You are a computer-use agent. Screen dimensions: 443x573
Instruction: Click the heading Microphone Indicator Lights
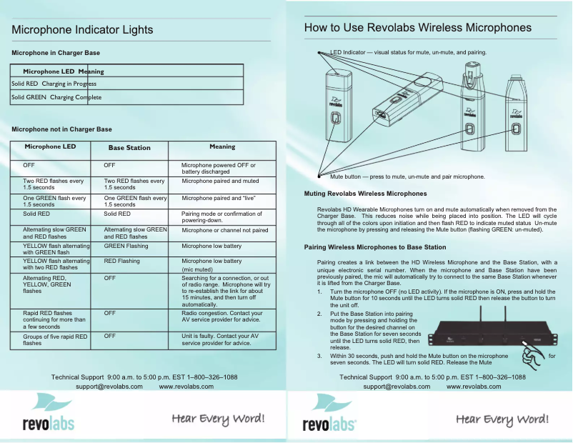(82, 30)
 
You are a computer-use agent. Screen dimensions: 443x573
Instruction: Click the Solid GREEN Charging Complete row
(56, 97)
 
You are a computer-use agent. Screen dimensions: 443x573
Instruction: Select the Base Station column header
(129, 147)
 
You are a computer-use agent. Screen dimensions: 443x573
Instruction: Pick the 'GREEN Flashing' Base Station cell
(126, 245)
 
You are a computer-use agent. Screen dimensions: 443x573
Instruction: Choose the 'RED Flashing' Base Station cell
(122, 262)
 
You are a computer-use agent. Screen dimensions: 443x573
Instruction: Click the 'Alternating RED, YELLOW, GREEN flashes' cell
(49, 284)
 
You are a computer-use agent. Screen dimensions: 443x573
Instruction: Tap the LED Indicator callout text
(409, 53)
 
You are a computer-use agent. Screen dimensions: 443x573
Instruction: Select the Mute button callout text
(407, 176)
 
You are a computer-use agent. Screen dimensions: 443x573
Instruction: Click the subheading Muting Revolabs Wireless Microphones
(365, 194)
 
